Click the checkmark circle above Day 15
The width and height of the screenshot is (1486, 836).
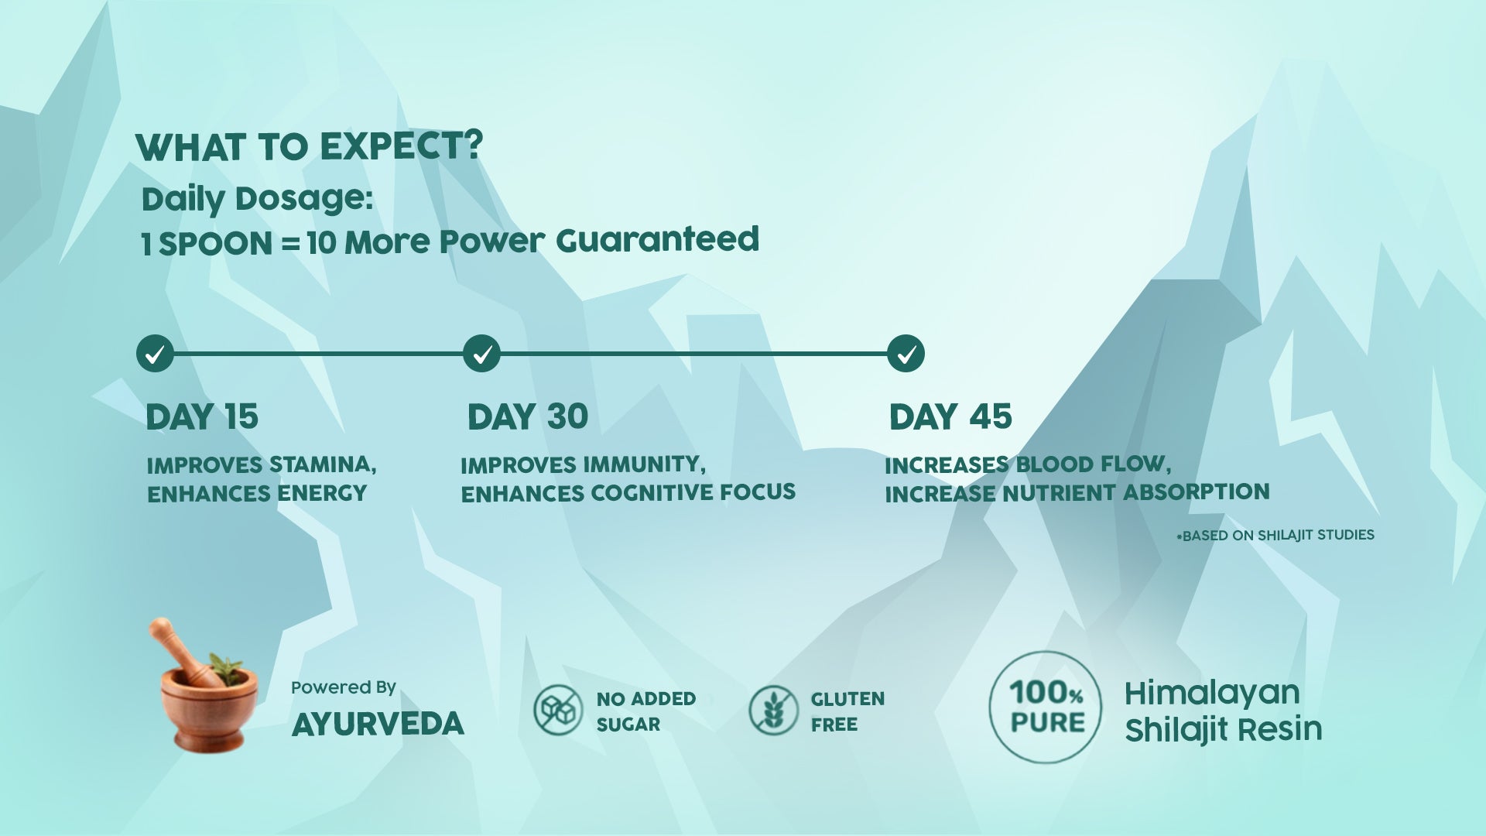pyautogui.click(x=155, y=354)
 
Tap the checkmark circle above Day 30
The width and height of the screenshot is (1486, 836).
pyautogui.click(x=481, y=354)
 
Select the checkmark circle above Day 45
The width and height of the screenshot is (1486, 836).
pyautogui.click(x=906, y=354)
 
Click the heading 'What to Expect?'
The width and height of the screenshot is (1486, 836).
pyautogui.click(x=310, y=146)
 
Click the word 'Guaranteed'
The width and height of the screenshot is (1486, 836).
pyautogui.click(x=658, y=240)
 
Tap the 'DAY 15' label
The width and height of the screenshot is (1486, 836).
pyautogui.click(x=202, y=417)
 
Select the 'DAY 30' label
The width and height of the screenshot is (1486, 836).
pyautogui.click(x=528, y=417)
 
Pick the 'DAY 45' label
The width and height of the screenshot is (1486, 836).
pyautogui.click(x=950, y=417)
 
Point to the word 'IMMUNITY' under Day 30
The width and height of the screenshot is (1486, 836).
pyautogui.click(x=644, y=464)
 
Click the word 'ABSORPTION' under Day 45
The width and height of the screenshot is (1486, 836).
pyautogui.click(x=1197, y=492)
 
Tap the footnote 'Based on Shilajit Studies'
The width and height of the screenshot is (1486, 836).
pyautogui.click(x=1275, y=536)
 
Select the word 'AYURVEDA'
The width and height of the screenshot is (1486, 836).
pyautogui.click(x=378, y=725)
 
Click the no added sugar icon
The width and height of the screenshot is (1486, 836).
pyautogui.click(x=558, y=710)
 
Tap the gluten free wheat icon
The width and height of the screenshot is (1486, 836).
pyautogui.click(x=773, y=710)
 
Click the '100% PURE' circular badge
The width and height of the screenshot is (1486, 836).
pyautogui.click(x=1046, y=707)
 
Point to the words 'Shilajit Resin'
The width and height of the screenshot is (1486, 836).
pyautogui.click(x=1224, y=730)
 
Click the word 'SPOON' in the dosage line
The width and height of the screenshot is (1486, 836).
pyautogui.click(x=216, y=245)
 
